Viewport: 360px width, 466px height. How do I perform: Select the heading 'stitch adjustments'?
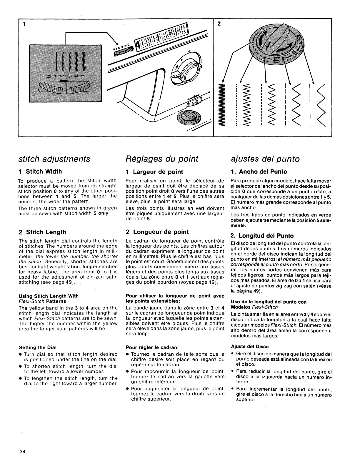click(x=54, y=159)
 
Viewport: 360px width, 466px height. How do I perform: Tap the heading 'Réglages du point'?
click(x=162, y=159)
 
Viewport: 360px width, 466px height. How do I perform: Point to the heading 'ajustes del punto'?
click(x=265, y=159)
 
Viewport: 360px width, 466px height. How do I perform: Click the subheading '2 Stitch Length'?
click(x=42, y=232)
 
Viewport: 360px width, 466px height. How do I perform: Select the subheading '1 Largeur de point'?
click(x=154, y=172)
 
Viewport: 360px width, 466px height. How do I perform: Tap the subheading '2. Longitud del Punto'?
click(x=262, y=236)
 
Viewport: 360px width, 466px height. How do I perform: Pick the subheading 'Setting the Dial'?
click(x=38, y=347)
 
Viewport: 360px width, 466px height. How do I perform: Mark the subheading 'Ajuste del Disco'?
click(x=250, y=347)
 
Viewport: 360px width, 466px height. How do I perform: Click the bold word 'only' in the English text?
click(x=103, y=213)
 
